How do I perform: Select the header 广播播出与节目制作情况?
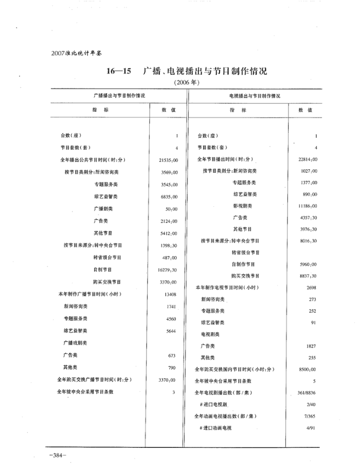point(119,96)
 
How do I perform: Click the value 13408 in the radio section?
point(171,294)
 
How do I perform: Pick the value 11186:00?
point(308,206)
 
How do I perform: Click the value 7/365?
point(310,416)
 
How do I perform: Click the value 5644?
point(172,331)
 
